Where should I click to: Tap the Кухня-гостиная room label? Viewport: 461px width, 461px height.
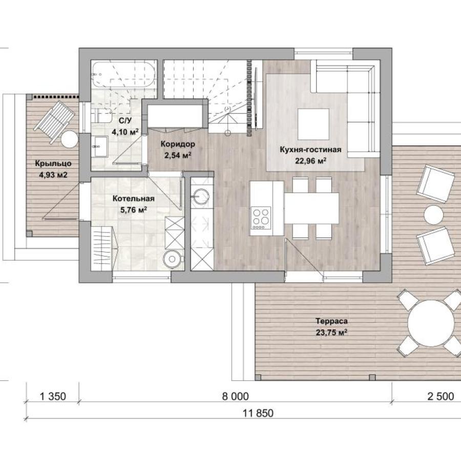[x=310, y=150]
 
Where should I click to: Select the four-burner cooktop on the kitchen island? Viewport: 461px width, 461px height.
[x=261, y=218]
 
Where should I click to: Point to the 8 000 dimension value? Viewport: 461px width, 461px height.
[x=235, y=396]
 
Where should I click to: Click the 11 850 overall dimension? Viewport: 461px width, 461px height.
[x=258, y=413]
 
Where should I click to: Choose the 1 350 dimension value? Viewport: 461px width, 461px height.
[x=53, y=396]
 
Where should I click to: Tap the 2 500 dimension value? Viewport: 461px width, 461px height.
[x=441, y=396]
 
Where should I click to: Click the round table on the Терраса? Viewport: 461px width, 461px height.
[x=431, y=323]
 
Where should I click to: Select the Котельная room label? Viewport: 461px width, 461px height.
[x=134, y=198]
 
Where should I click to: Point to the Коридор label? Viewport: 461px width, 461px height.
[x=178, y=144]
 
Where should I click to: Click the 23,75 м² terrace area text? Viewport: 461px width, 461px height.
[x=331, y=332]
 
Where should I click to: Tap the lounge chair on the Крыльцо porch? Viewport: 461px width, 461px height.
[x=54, y=121]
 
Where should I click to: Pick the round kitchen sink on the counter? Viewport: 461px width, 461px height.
[x=201, y=196]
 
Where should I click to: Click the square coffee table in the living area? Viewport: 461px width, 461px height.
[x=313, y=124]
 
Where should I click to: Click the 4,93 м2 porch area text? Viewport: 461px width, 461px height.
[x=53, y=175]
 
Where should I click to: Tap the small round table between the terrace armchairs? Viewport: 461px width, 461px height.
[x=434, y=215]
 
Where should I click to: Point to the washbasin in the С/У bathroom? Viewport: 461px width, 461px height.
[x=99, y=146]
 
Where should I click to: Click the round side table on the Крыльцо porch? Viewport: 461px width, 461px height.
[x=70, y=139]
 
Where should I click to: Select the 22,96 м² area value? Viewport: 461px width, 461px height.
[x=311, y=161]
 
